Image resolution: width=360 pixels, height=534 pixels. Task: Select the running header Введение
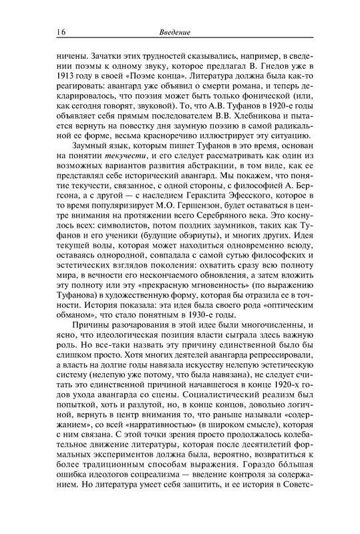[x=176, y=31]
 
